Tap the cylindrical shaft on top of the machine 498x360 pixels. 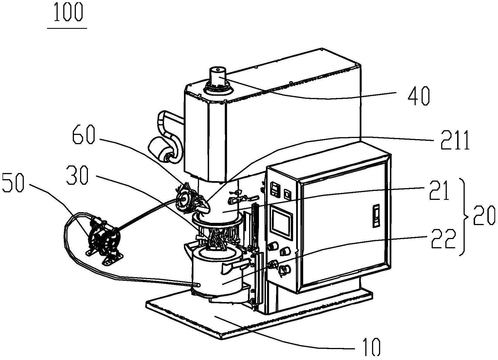pos(218,79)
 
